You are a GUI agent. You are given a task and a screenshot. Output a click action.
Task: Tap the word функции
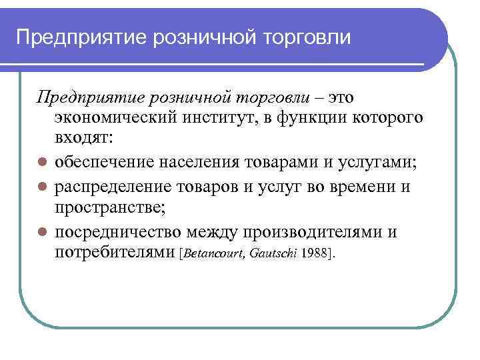point(335,119)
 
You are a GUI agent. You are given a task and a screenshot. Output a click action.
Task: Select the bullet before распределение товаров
point(41,187)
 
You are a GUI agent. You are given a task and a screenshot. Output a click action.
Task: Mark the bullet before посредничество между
point(41,232)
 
